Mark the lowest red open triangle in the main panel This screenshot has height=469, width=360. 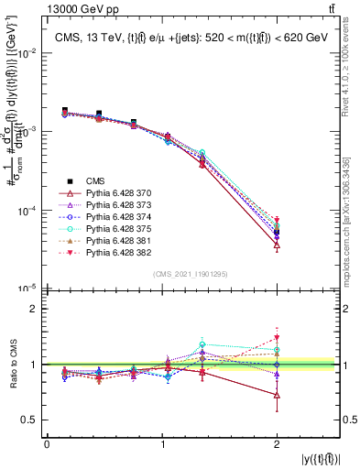click(277, 245)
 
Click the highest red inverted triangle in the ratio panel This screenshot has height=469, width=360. click(277, 338)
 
